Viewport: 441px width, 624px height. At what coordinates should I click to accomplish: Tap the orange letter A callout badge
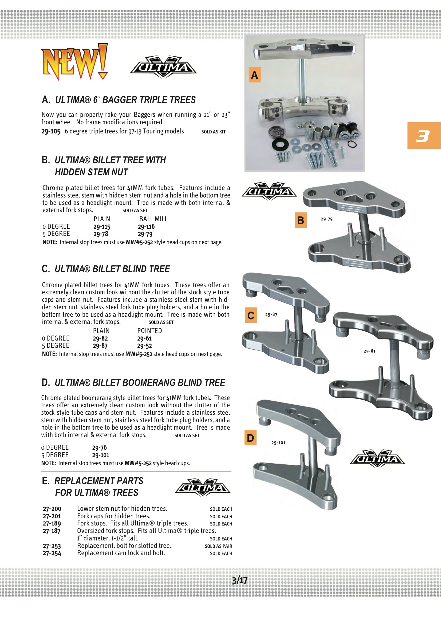254,75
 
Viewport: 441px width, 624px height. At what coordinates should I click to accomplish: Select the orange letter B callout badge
301,220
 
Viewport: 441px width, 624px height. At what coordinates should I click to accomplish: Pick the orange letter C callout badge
251,315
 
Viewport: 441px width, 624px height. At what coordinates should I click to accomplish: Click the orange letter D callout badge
250,437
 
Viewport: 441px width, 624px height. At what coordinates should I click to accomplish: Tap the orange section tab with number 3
424,136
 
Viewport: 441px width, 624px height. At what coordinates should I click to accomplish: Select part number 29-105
51,132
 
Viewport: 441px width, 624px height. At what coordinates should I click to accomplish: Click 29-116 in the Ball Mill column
146,227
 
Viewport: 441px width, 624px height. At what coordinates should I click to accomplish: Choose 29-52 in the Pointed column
144,346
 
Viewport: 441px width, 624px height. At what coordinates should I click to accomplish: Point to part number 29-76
100,448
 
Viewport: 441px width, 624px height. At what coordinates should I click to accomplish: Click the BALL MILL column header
153,219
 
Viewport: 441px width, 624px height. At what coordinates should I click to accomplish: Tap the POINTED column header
149,331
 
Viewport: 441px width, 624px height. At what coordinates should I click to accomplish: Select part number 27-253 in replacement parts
52,546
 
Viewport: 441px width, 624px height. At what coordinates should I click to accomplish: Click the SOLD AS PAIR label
218,546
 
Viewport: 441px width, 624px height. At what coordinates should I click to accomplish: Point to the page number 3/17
240,580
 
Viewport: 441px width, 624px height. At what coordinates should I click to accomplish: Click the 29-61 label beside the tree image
369,351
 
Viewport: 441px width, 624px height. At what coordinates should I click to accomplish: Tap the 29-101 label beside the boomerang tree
278,443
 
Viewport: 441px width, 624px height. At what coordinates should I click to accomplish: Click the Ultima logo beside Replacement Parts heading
203,487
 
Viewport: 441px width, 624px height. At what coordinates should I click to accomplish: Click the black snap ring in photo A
352,144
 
